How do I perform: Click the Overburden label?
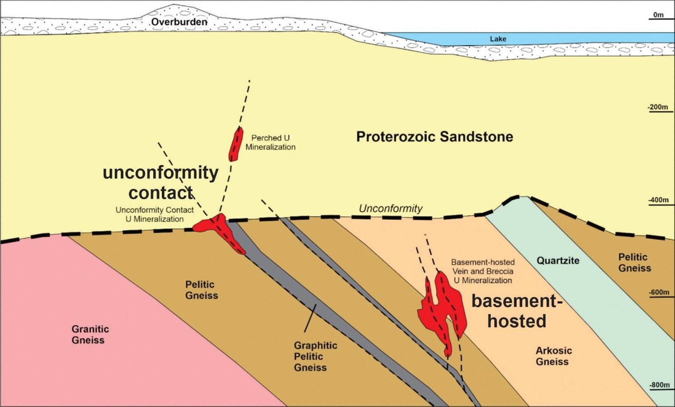coord(179,22)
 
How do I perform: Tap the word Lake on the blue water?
coord(498,39)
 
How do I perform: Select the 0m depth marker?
coord(658,15)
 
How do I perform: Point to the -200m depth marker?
coord(657,107)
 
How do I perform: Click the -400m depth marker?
coord(658,200)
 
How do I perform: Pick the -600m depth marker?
coord(658,293)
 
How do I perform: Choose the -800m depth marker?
coord(658,385)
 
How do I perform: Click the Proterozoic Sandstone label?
coord(434,137)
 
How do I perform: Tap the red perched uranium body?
coord(235,144)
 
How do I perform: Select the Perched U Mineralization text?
coord(270,142)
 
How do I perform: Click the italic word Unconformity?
coord(390,208)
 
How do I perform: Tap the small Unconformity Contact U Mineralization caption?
coord(155,215)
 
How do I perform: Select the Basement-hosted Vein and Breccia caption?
coord(482,271)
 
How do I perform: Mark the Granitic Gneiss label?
coord(90,334)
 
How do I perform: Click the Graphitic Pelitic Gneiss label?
coord(315,356)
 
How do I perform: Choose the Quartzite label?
coord(558,260)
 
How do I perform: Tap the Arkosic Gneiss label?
coord(553,356)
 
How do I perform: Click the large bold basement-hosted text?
coord(517,311)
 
